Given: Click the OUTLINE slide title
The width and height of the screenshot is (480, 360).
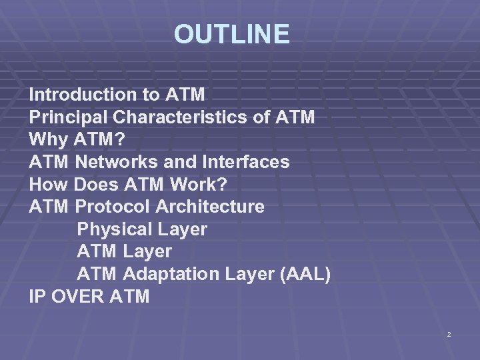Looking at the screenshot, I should (x=232, y=34).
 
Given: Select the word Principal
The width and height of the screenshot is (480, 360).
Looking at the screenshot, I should (x=69, y=117).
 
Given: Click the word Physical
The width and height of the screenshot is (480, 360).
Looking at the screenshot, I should (x=115, y=229).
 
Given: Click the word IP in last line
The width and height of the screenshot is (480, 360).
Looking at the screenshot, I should (x=37, y=297).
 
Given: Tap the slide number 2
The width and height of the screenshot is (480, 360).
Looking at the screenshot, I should (x=449, y=333).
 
